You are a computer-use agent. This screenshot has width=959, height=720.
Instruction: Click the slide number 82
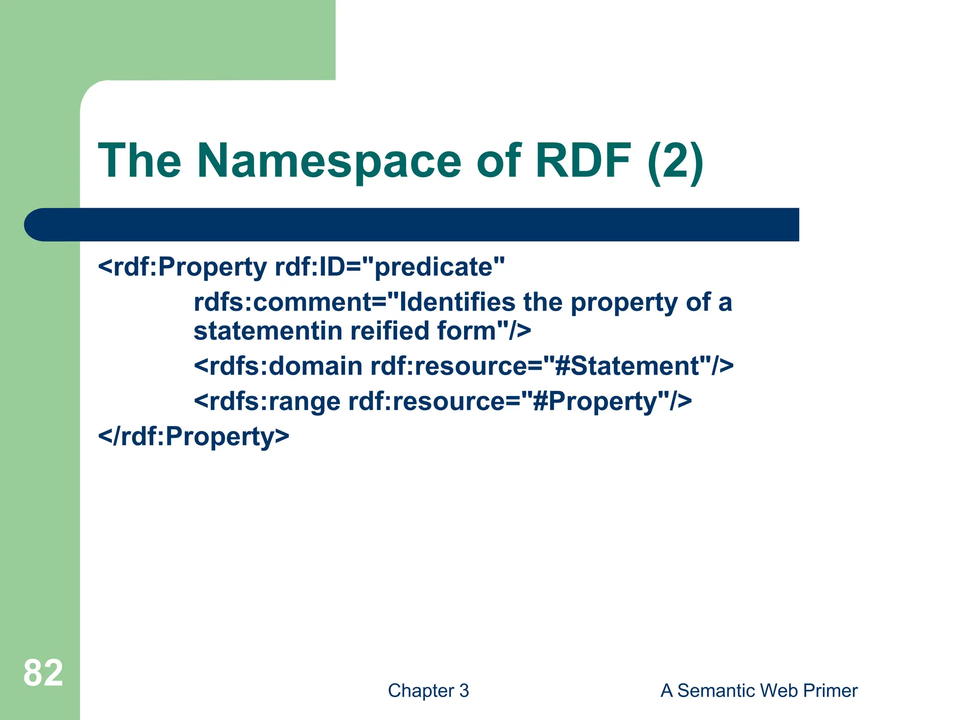[x=43, y=673]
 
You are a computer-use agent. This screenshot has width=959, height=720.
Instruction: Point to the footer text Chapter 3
[x=428, y=690]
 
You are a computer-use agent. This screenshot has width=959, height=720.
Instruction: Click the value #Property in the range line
[x=594, y=402]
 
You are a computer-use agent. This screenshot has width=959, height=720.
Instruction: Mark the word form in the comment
[x=466, y=331]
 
